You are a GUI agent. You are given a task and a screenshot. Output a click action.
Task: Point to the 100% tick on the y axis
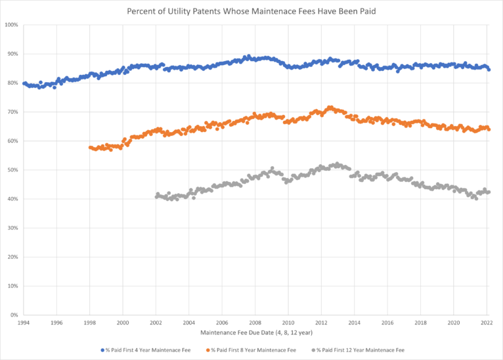(x=11, y=25)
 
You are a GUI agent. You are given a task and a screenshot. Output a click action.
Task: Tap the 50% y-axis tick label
(x=12, y=170)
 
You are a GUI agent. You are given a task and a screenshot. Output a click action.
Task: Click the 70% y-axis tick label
(x=12, y=112)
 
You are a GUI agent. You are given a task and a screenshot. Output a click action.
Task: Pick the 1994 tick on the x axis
(x=24, y=323)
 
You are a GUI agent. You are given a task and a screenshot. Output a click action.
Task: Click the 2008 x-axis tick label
(x=255, y=323)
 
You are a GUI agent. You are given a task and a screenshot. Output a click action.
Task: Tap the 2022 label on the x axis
(x=487, y=323)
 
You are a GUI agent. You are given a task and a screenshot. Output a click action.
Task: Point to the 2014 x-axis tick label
(x=355, y=323)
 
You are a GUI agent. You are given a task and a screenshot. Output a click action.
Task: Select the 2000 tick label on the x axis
(x=123, y=323)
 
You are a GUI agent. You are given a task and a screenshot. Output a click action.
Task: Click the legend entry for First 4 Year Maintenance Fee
(x=146, y=349)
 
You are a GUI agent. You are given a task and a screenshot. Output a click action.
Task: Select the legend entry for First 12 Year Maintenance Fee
(x=361, y=349)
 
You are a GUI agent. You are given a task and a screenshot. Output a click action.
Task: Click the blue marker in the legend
(x=104, y=349)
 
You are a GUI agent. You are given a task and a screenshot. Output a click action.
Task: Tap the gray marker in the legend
(x=315, y=349)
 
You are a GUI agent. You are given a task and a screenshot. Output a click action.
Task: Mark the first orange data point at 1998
(x=90, y=148)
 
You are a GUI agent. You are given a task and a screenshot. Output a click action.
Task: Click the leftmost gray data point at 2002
(x=156, y=196)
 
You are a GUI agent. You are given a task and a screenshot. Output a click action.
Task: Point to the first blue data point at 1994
(x=24, y=83)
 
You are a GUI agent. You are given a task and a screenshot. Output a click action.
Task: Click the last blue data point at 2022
(x=489, y=69)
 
